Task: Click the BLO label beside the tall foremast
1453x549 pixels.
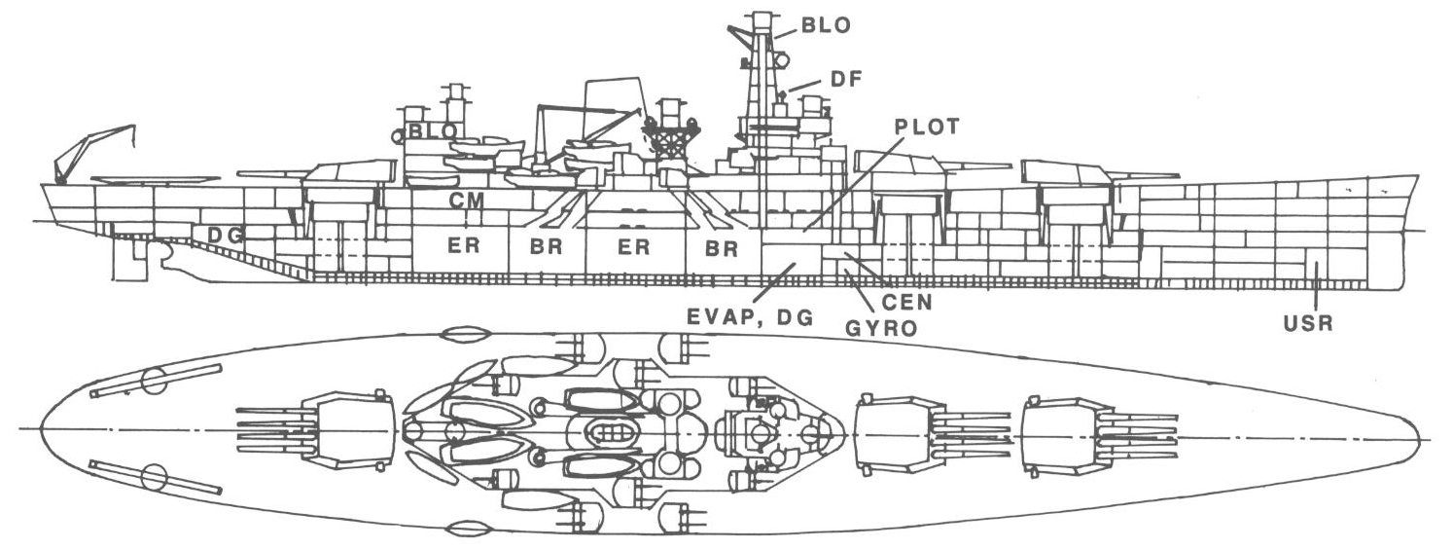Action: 825,26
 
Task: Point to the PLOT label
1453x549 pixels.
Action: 926,127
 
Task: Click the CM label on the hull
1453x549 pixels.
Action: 465,201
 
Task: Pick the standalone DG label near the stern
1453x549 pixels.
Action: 226,235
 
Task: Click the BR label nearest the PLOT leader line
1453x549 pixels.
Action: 722,248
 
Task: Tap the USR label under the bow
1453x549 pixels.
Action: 1307,324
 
